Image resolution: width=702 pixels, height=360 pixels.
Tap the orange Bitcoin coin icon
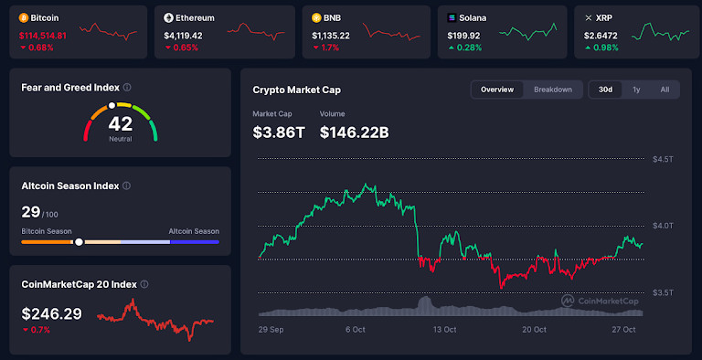[x=24, y=17]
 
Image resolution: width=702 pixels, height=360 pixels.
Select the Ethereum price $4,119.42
[x=183, y=35]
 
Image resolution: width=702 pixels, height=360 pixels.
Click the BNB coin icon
[x=316, y=17]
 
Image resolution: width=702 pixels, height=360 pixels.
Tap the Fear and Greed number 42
[x=120, y=123]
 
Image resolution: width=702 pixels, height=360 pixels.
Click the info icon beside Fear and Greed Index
[x=127, y=88]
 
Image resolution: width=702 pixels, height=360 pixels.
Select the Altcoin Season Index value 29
[x=31, y=212]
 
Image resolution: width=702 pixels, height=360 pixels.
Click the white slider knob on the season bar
[x=79, y=242]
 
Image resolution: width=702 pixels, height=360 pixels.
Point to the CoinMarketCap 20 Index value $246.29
[x=51, y=312]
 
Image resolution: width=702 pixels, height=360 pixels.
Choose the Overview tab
[x=497, y=90]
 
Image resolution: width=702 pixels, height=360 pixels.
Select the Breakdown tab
[x=553, y=90]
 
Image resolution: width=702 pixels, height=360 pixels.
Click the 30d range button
[x=606, y=90]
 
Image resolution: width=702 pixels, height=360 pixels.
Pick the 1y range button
[x=636, y=90]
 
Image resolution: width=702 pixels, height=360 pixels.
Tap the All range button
[x=665, y=90]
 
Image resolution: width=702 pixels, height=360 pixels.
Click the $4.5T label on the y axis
[x=663, y=159]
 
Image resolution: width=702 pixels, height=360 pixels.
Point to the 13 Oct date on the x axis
[x=444, y=330]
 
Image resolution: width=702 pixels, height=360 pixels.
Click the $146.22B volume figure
[x=355, y=132]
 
